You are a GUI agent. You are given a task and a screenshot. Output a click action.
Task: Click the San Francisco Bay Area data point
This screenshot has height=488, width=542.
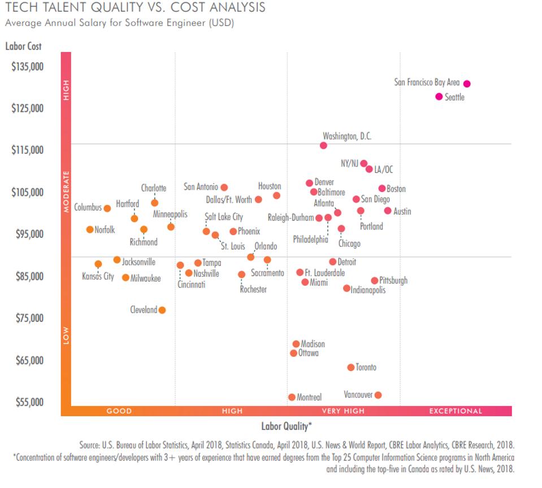tap(467, 84)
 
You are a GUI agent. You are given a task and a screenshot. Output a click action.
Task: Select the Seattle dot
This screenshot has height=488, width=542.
tap(439, 97)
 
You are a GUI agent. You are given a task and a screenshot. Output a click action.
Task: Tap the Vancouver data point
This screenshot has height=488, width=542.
tap(378, 395)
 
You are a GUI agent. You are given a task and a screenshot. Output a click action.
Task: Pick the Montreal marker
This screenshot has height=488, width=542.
tap(292, 397)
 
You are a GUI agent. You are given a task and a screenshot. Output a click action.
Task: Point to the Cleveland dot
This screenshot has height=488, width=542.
tap(162, 310)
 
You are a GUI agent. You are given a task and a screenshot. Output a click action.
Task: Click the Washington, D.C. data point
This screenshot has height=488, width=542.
tap(323, 145)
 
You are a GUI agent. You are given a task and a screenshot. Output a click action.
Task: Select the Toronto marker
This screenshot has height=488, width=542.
tap(351, 367)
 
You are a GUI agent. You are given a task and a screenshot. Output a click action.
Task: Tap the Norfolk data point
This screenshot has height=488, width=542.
tap(90, 229)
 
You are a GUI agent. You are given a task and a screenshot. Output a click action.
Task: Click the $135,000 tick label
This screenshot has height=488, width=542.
tap(27, 66)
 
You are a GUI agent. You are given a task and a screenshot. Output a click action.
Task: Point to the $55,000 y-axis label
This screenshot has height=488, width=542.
tap(27, 402)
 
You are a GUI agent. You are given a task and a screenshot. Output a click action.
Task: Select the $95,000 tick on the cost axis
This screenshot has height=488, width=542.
tap(27, 234)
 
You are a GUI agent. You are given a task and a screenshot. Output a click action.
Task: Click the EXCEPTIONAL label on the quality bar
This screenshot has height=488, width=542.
tap(456, 411)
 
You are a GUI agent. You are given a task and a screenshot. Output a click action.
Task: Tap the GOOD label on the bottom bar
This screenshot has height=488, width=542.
tap(119, 411)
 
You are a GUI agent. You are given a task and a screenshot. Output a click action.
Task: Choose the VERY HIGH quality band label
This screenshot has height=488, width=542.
tap(343, 411)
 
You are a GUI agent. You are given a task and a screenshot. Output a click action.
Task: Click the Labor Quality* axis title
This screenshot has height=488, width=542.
tap(287, 426)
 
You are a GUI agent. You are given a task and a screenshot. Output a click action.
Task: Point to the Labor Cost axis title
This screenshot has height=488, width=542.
tap(23, 46)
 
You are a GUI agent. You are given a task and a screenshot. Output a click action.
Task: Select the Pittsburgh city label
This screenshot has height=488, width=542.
tap(393, 281)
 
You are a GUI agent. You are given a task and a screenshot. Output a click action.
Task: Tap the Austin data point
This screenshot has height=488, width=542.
tap(388, 211)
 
